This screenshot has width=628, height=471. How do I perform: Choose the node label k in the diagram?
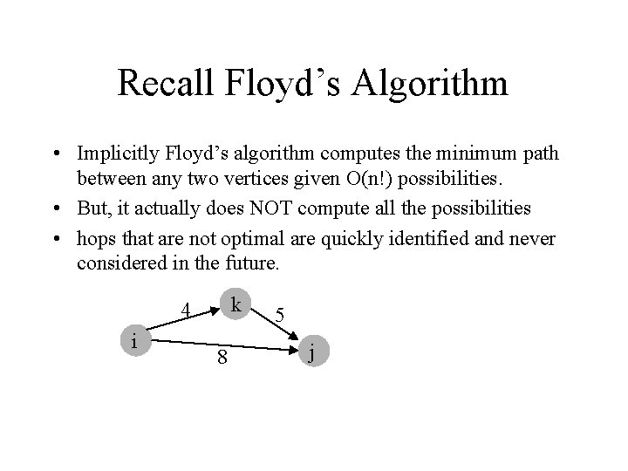click(x=235, y=304)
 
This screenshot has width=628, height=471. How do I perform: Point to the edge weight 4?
click(x=184, y=309)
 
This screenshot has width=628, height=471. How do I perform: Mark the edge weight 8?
click(x=222, y=358)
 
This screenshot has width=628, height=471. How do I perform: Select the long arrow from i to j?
click(x=227, y=345)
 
